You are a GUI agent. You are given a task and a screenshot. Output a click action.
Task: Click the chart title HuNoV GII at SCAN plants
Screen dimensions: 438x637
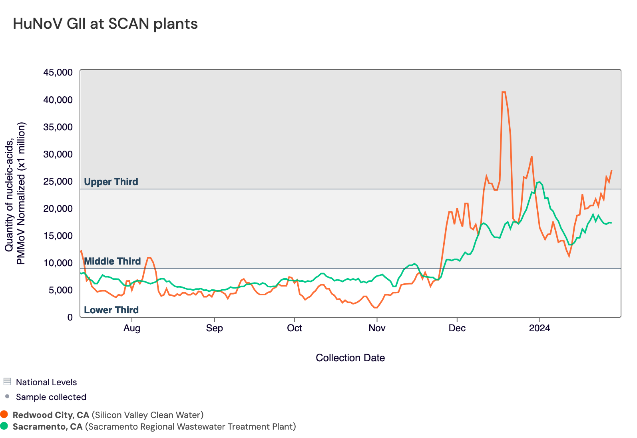tap(105, 24)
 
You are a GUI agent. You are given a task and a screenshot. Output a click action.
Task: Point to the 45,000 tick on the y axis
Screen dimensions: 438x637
tap(58, 72)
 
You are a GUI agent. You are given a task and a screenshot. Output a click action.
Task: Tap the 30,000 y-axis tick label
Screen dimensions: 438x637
tap(58, 154)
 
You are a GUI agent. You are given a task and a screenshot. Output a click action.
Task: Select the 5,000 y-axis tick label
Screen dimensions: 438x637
tap(60, 290)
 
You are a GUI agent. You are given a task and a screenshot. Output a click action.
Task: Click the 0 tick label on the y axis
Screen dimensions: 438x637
tap(70, 317)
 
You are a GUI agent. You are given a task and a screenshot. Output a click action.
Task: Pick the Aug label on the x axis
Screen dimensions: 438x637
tap(132, 328)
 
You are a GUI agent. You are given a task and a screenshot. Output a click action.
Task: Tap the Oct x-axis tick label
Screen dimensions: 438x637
tap(295, 328)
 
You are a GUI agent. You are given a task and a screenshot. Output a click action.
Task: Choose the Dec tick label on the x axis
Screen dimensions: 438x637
tap(457, 328)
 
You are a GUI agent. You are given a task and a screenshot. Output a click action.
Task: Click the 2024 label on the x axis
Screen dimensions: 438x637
tap(539, 328)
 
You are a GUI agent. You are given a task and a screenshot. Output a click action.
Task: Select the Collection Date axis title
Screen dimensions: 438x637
tap(350, 358)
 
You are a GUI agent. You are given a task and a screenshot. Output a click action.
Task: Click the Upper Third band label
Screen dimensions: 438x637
tap(111, 182)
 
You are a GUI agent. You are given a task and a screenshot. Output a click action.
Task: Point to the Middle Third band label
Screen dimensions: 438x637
tap(112, 261)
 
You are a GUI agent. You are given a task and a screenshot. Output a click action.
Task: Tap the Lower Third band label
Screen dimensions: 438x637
tap(111, 310)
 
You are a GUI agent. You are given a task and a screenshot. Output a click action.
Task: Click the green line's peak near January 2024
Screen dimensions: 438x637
tap(539, 182)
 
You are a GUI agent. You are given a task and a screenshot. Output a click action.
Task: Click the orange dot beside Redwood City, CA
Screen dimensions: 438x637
tap(4, 414)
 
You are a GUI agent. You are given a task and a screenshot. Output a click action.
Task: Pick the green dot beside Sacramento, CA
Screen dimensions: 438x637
tap(4, 426)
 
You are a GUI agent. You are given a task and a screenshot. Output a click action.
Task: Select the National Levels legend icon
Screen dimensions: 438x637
tap(7, 382)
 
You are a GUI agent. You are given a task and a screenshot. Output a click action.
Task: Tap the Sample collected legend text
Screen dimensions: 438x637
tap(51, 397)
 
